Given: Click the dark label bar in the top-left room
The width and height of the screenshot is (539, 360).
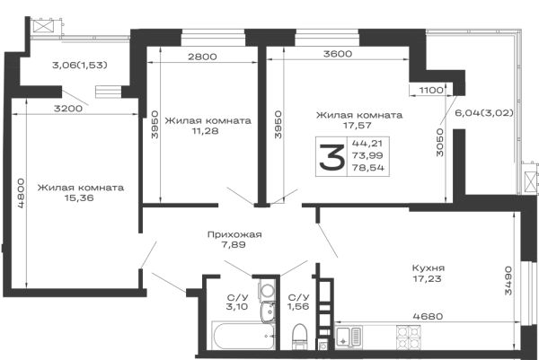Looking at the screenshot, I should [x=79, y=65].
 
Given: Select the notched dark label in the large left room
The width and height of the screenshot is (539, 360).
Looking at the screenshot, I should [x=82, y=189].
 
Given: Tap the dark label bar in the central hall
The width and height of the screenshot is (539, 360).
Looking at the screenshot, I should [x=233, y=237].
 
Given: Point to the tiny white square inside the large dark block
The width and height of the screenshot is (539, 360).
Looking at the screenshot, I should [x=319, y=154].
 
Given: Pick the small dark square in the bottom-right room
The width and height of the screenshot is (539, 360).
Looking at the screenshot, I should [x=428, y=274].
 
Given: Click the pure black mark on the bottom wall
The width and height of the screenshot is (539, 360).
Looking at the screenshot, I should [x=264, y=338].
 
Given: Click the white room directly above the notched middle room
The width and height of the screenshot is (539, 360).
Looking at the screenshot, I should [x=207, y=90].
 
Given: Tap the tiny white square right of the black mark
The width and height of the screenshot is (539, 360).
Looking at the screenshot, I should [x=297, y=335].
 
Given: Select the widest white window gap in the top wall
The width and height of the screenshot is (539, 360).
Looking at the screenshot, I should [x=377, y=54].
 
